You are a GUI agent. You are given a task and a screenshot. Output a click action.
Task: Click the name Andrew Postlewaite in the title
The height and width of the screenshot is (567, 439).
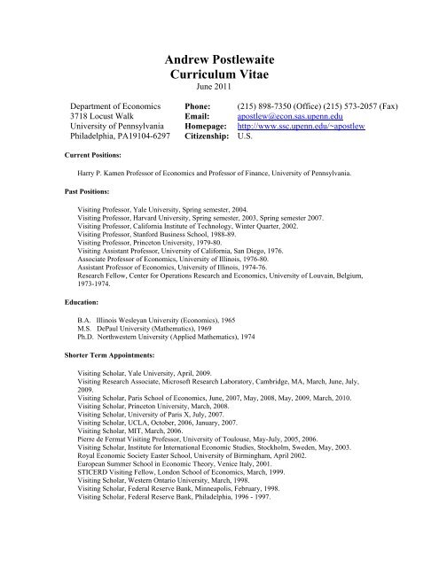point(219,59)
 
